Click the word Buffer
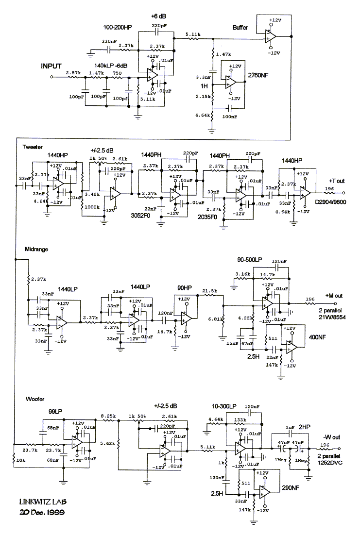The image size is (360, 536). [240, 28]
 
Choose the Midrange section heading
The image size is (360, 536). [36, 250]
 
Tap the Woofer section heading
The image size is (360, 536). [33, 399]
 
